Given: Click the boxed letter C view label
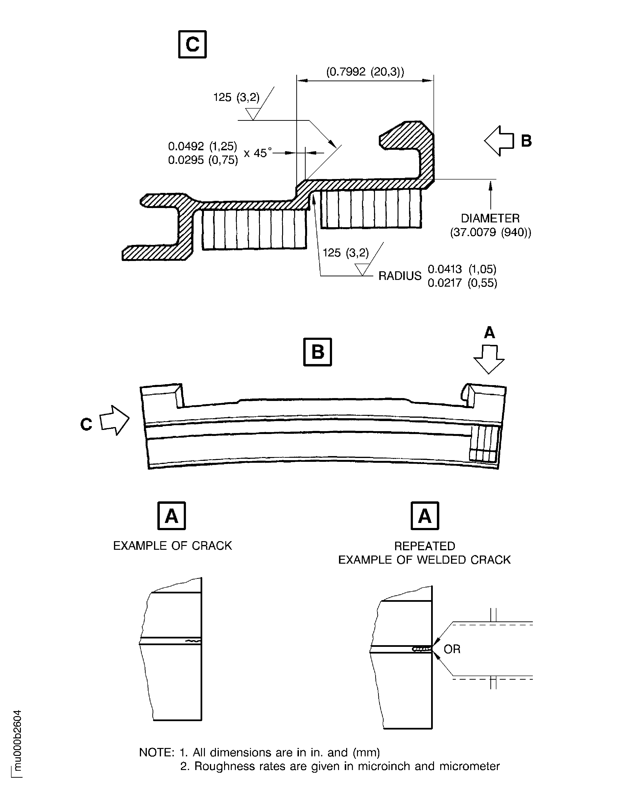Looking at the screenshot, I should tap(192, 44).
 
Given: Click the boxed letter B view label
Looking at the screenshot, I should tap(317, 352).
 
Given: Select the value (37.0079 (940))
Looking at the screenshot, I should tap(490, 232).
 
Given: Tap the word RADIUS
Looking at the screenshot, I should tap(400, 276).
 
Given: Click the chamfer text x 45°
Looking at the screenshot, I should tap(258, 153).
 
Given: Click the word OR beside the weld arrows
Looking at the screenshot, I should tap(452, 649).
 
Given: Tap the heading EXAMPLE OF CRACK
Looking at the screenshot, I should tap(172, 546).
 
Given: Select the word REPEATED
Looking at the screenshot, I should tap(425, 546).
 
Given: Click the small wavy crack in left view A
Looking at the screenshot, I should tap(193, 641).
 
